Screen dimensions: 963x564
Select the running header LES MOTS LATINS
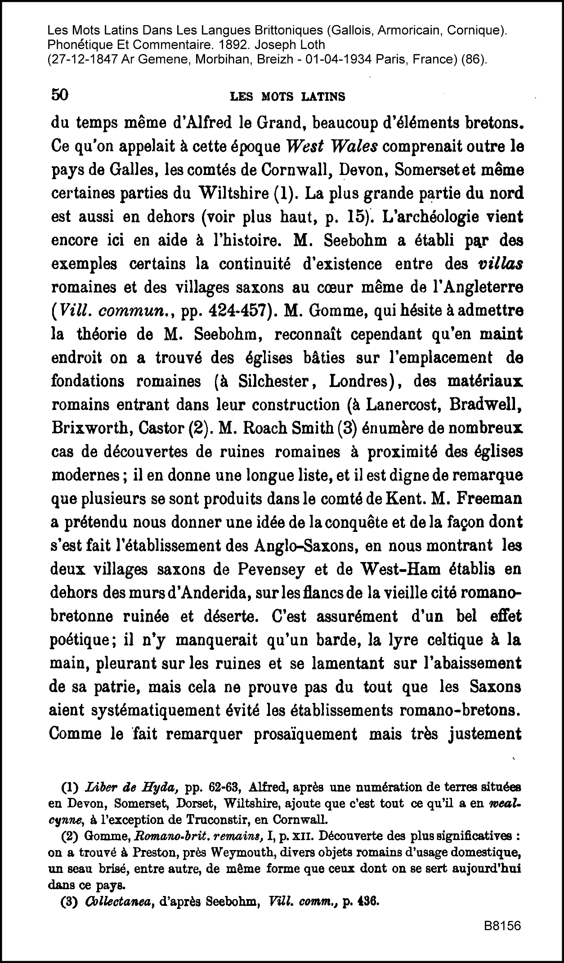pos(287,96)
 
